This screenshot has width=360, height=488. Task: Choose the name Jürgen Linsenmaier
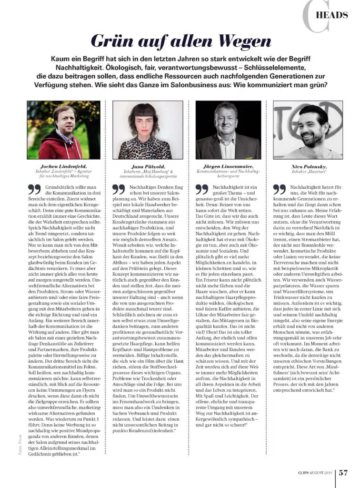tap(228, 166)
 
